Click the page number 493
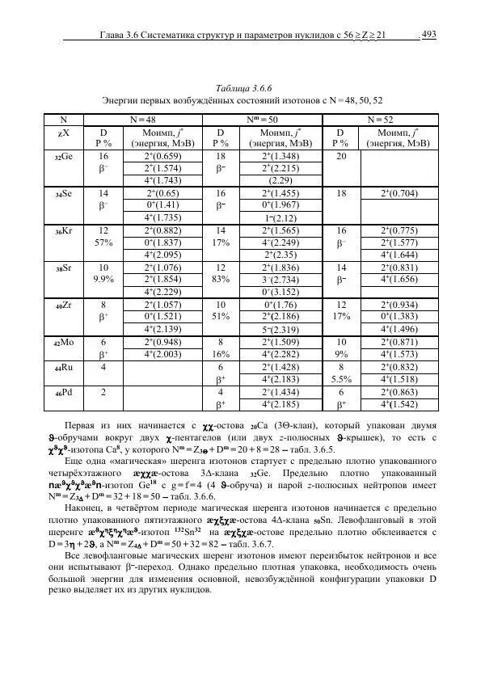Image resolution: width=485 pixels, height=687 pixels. point(429,34)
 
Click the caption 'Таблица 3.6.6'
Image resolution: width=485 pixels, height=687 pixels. point(242,86)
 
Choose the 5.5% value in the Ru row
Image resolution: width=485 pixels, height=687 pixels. point(339,377)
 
